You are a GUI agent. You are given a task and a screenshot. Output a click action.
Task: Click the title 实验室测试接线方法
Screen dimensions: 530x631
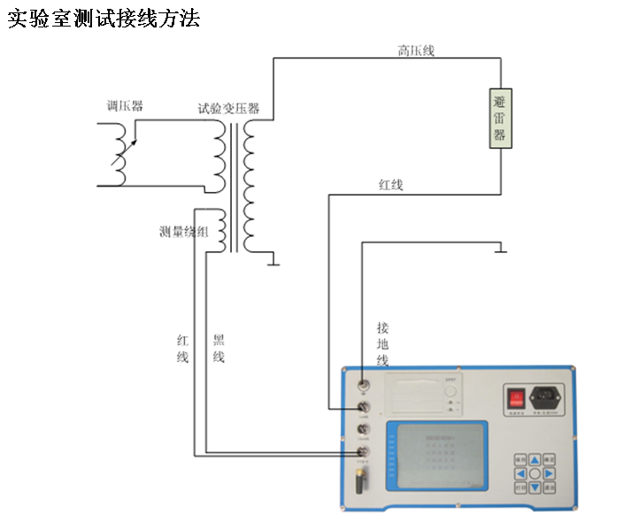click(104, 19)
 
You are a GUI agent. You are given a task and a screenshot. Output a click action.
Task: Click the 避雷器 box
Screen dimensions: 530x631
click(500, 117)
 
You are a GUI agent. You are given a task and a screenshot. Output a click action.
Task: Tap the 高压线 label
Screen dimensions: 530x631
click(415, 51)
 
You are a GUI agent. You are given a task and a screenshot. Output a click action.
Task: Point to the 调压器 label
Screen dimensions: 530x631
click(125, 106)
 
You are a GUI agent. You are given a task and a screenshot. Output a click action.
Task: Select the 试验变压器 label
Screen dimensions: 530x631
click(228, 109)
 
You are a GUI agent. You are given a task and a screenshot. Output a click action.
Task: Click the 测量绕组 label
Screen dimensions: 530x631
click(183, 233)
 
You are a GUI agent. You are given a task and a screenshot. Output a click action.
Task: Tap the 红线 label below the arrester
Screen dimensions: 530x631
click(390, 185)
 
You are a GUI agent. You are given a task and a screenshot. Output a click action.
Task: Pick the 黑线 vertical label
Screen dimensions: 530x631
click(219, 349)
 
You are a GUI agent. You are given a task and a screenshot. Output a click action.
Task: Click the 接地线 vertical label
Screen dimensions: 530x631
click(382, 343)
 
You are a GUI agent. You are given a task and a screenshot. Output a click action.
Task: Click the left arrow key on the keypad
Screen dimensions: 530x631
click(520, 474)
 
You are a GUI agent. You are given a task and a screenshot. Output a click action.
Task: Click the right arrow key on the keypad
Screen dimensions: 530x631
click(549, 474)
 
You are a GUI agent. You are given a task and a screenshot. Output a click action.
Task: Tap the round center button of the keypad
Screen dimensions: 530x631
click(535, 474)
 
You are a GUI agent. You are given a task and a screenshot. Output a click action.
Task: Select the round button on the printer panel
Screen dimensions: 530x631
click(451, 391)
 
